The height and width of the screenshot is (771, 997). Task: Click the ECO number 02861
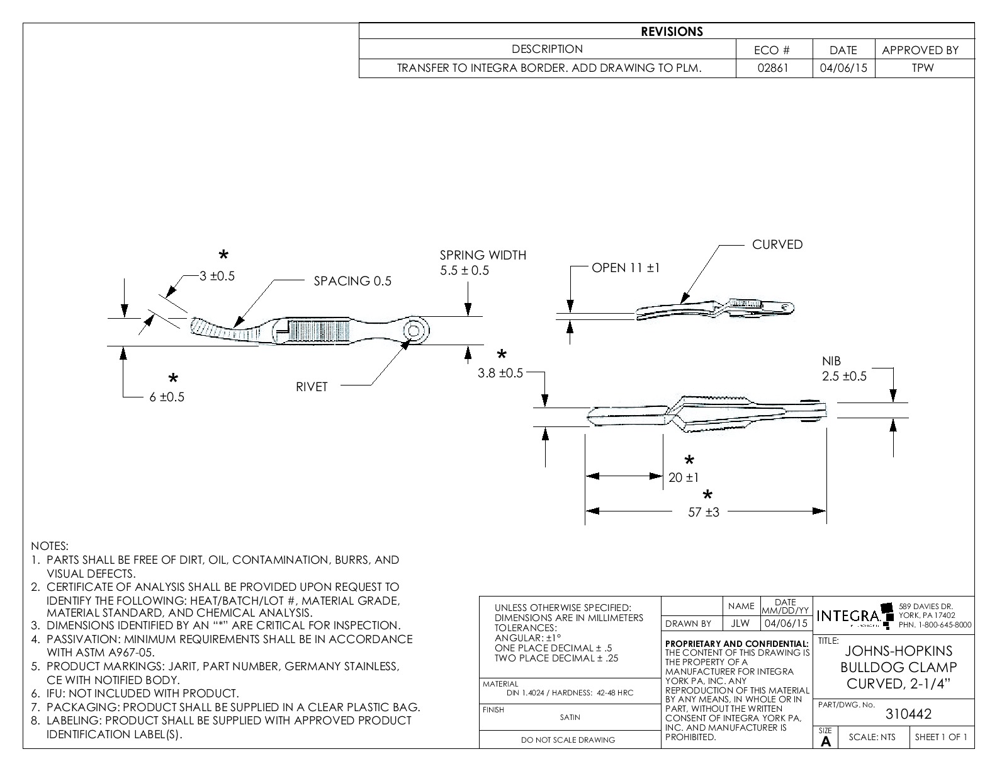(x=774, y=68)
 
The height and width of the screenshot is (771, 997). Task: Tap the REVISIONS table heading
(x=672, y=31)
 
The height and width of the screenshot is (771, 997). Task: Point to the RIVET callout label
(x=312, y=387)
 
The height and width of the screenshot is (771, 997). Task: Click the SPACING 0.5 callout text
(x=352, y=281)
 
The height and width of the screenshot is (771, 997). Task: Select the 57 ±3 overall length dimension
(x=703, y=512)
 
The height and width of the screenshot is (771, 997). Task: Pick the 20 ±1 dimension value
(x=684, y=477)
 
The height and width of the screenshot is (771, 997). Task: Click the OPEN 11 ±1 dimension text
(x=626, y=268)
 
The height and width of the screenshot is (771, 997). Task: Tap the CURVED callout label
(x=777, y=245)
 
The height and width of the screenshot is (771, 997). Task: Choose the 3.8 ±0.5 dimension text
(x=500, y=373)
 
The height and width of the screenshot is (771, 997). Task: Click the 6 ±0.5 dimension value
(x=167, y=397)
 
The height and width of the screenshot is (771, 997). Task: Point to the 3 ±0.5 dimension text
(x=217, y=276)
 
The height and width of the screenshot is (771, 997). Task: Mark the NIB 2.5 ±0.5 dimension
(x=844, y=369)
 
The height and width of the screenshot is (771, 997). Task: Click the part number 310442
(x=908, y=714)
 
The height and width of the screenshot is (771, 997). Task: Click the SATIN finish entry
(x=570, y=717)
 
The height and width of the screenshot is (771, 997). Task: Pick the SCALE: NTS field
(x=872, y=738)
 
